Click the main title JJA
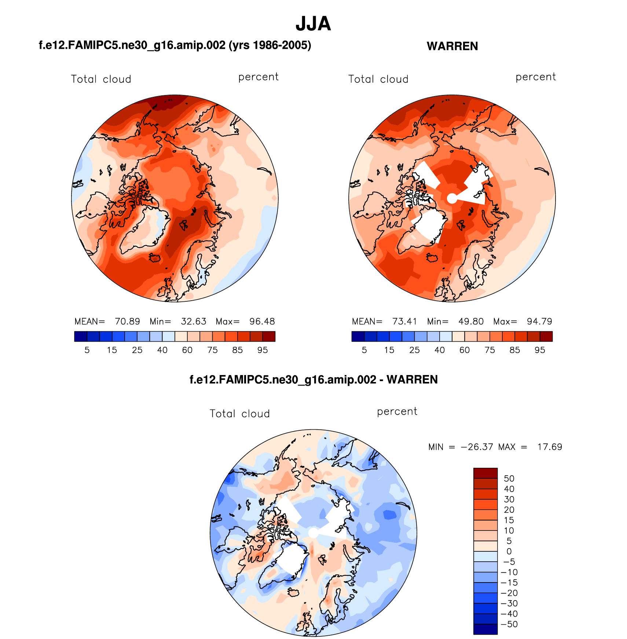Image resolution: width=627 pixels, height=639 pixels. pos(313,24)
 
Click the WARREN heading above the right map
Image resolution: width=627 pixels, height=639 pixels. pos(452,46)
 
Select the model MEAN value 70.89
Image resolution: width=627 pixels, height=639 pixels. pos(127,322)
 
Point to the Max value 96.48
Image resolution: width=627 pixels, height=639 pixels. pos(262,322)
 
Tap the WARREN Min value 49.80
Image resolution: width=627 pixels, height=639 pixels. pos(471,322)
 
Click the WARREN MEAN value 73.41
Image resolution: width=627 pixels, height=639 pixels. pos(404,322)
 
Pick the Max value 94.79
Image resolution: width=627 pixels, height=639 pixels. pos(539,322)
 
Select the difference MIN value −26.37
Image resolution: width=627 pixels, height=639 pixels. pos(477,447)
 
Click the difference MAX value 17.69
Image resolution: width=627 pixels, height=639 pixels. pos(549,447)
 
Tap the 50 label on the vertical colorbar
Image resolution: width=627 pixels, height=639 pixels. pos(509,478)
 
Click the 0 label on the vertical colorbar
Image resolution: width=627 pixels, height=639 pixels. pos(509,551)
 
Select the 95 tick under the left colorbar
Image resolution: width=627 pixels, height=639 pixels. pos(263,350)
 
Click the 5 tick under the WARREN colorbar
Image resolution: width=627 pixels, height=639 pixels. pos(364,350)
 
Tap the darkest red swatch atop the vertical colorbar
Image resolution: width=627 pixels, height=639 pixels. pos(485,473)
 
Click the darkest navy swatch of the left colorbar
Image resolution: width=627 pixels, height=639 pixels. pos(81,336)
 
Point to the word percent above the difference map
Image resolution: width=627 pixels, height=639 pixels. pos(397,411)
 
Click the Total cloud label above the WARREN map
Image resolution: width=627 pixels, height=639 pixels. pos(378,79)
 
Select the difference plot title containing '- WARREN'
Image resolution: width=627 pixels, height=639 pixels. pos(313,379)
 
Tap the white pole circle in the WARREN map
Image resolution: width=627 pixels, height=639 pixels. pos(452,198)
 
